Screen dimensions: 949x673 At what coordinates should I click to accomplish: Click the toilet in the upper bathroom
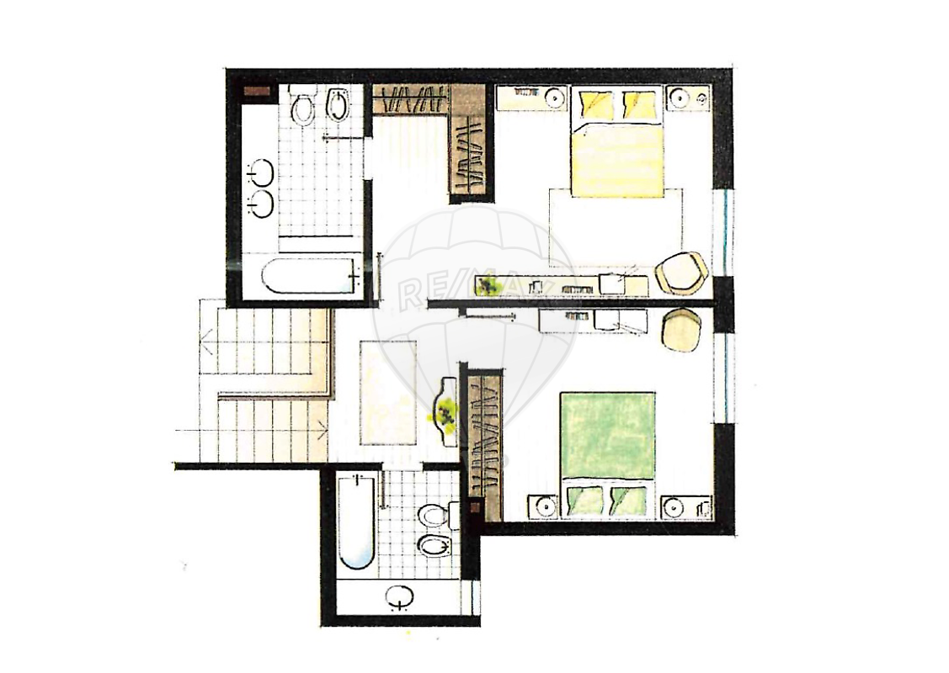coord(302,106)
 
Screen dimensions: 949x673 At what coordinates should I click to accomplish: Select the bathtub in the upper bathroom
coord(309,276)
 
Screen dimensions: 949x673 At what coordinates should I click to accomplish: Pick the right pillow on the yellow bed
coord(640,103)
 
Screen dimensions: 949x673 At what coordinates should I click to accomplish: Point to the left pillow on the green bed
coord(585,500)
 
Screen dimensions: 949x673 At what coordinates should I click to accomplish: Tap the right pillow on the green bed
coord(630,500)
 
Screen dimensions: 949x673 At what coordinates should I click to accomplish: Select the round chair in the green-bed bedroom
coord(681,330)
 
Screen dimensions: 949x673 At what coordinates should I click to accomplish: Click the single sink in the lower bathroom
coord(399,596)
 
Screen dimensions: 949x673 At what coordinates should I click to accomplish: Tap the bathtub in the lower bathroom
coord(357,522)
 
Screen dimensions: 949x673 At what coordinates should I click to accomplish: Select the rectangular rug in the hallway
coord(388,392)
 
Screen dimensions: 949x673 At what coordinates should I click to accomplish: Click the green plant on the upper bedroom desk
coord(488,284)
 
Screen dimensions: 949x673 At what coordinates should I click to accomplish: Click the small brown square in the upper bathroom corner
coord(257,91)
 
